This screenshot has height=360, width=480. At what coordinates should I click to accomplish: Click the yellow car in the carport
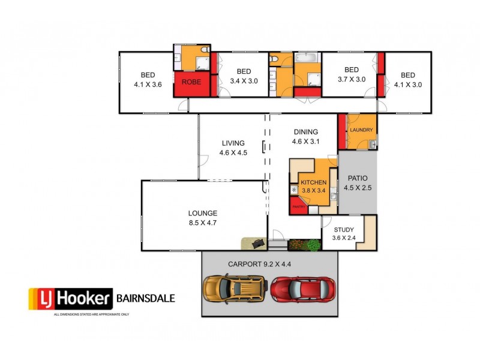pyautogui.click(x=235, y=289)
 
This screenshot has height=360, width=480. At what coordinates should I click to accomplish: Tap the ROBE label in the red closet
pyautogui.click(x=191, y=82)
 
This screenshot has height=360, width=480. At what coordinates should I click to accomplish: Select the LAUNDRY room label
pyautogui.click(x=362, y=130)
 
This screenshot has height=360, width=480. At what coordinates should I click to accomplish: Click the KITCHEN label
pyautogui.click(x=313, y=182)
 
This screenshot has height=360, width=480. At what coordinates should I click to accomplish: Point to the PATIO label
pyautogui.click(x=358, y=178)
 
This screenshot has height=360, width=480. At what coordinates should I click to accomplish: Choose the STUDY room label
pyautogui.click(x=343, y=230)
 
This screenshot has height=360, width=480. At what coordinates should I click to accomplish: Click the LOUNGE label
pyautogui.click(x=203, y=213)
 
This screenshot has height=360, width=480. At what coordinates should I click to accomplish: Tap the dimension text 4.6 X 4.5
pyautogui.click(x=233, y=153)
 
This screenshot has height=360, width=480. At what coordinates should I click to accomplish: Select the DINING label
pyautogui.click(x=306, y=133)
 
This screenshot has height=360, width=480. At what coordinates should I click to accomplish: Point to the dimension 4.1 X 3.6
pyautogui.click(x=148, y=85)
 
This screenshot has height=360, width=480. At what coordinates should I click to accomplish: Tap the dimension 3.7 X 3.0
pyautogui.click(x=351, y=79)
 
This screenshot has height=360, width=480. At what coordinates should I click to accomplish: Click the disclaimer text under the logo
pyautogui.click(x=92, y=314)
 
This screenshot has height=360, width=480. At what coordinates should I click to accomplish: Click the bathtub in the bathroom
pyautogui.click(x=307, y=59)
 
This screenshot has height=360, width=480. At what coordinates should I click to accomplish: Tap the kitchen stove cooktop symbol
pyautogui.click(x=294, y=190)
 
